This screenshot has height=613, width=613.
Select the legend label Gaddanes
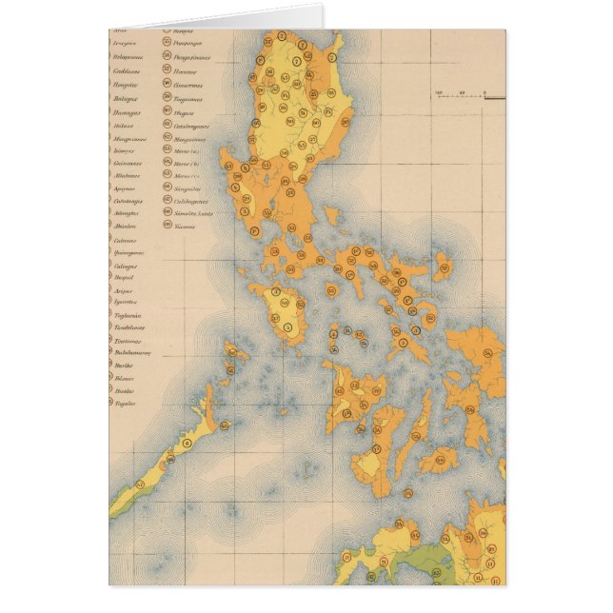tap(127, 69)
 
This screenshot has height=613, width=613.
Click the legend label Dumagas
tap(126, 112)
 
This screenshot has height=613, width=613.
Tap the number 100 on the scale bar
tap(440, 92)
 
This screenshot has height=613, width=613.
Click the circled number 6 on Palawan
tap(187, 442)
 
